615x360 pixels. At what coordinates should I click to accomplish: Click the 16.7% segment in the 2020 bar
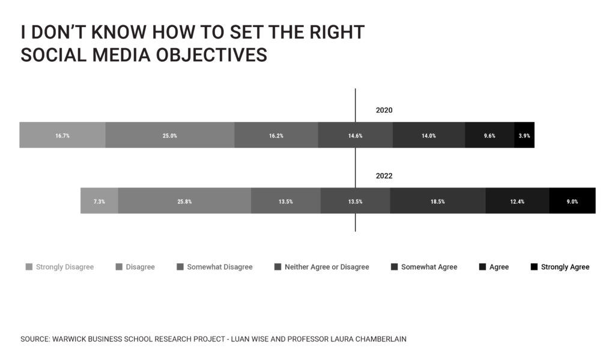click(62, 135)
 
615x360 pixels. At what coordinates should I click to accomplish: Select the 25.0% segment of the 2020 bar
click(170, 135)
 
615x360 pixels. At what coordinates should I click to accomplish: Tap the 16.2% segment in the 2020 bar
click(276, 135)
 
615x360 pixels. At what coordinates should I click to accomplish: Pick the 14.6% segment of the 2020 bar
click(356, 135)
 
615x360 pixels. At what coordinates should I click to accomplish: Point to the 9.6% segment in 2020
click(489, 135)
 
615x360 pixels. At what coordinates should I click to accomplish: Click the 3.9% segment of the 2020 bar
click(524, 135)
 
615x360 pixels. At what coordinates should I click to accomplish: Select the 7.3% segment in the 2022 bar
click(99, 201)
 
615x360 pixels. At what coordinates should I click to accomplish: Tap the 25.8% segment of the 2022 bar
click(185, 201)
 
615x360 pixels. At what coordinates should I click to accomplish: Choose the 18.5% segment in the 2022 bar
click(438, 201)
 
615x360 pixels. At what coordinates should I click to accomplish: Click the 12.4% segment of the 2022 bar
click(517, 201)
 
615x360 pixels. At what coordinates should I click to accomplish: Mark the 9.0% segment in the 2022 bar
click(572, 201)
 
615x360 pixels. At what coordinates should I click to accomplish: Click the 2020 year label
click(384, 111)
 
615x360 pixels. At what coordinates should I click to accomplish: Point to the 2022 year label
click(384, 176)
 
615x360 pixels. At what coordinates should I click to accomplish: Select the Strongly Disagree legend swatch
click(29, 267)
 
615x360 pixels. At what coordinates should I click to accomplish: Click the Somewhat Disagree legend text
click(220, 267)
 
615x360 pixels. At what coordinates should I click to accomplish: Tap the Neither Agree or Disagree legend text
click(327, 267)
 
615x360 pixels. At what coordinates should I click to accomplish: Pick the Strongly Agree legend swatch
click(534, 267)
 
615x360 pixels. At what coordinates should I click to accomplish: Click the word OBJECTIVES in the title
click(211, 55)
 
